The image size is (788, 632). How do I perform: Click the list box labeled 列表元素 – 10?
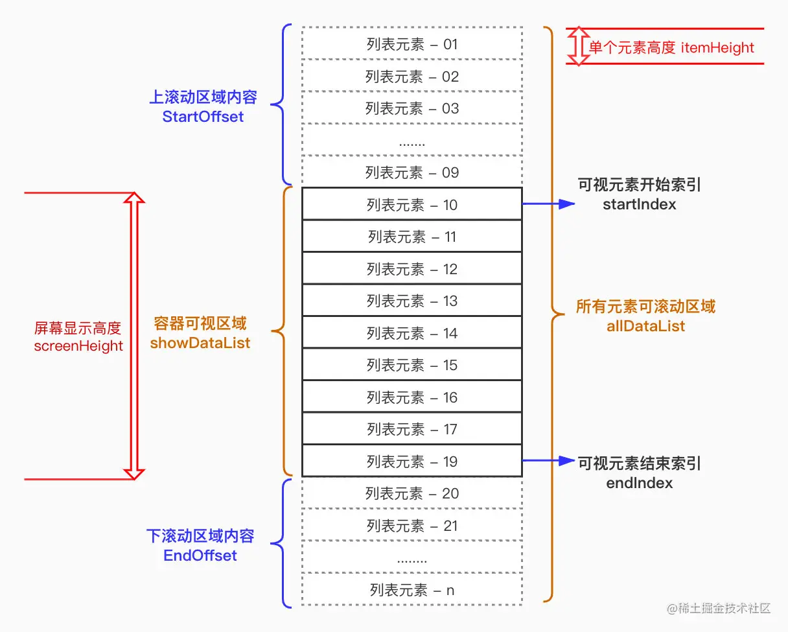pyautogui.click(x=412, y=205)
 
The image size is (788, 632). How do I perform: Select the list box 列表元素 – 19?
pyautogui.click(x=412, y=462)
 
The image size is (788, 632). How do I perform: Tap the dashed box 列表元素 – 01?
pyautogui.click(x=412, y=44)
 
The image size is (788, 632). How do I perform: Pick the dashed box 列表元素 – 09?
pyautogui.click(x=412, y=172)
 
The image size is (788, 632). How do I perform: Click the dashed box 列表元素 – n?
pyautogui.click(x=412, y=590)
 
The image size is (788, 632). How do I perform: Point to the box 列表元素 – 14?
pyautogui.click(x=412, y=333)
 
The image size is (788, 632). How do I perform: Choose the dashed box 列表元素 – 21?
pyautogui.click(x=412, y=526)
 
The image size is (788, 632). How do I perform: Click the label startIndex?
pyautogui.click(x=639, y=204)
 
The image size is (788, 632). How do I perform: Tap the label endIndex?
pyautogui.click(x=639, y=483)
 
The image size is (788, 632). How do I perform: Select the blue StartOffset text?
pyautogui.click(x=203, y=117)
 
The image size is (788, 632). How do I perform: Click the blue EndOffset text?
pyautogui.click(x=200, y=556)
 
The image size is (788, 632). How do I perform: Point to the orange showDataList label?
pyautogui.click(x=200, y=343)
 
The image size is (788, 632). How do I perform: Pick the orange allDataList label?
pyautogui.click(x=645, y=325)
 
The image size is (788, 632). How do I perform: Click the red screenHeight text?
pyautogui.click(x=78, y=345)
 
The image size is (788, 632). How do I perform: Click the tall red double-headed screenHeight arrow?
pyautogui.click(x=133, y=336)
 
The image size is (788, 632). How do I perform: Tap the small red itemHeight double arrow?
pyautogui.click(x=577, y=46)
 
